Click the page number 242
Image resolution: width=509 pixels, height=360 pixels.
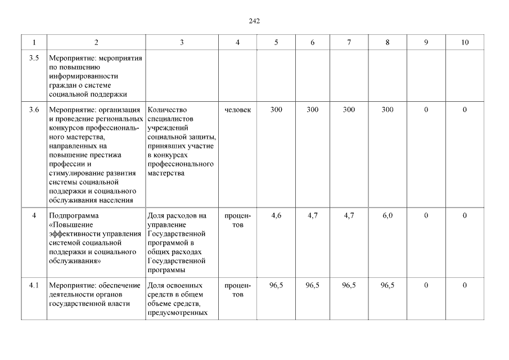254,21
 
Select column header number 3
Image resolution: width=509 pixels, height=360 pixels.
182,43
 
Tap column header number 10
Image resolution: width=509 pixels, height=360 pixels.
465,43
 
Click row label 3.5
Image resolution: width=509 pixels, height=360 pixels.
34,58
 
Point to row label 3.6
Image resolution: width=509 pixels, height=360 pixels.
34,110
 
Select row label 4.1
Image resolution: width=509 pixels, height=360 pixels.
34,286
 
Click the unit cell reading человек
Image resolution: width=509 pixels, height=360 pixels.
238,110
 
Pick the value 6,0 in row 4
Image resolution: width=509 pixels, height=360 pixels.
388,215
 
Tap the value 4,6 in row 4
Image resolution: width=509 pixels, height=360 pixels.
276,215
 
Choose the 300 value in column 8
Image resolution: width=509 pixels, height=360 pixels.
388,110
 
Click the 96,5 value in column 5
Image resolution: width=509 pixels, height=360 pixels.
276,286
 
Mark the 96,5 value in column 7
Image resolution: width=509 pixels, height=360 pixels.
349,286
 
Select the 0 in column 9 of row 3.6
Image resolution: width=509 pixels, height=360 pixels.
426,110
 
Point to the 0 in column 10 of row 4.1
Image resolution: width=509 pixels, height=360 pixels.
465,286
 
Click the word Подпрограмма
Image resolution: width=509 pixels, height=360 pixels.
74,216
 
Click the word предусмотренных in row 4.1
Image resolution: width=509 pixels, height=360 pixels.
174,313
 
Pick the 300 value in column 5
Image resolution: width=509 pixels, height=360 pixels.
276,110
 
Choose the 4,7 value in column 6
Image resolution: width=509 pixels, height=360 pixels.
313,215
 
